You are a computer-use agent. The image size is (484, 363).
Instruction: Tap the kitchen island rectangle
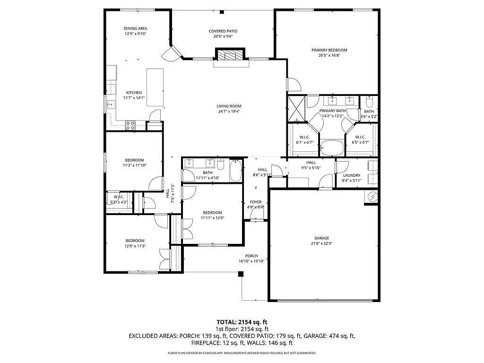tap(155, 87)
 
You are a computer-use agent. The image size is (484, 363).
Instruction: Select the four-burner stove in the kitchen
tap(130, 125)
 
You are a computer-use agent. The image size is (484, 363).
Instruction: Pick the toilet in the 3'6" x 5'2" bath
tap(370, 102)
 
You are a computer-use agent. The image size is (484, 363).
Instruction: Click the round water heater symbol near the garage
tap(372, 196)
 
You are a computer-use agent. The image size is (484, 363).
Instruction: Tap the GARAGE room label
tap(322, 238)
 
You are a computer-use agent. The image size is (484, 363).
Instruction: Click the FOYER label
tap(255, 202)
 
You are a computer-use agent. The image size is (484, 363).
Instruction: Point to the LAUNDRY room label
tap(352, 175)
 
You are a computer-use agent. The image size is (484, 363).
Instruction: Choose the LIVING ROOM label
tap(229, 106)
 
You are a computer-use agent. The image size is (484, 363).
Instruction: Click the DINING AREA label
tap(136, 28)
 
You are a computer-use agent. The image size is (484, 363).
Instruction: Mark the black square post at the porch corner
tap(241, 274)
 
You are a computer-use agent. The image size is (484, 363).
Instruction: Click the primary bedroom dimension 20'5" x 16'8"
tap(329, 55)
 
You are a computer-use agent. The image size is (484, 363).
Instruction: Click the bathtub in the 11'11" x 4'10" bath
tap(236, 171)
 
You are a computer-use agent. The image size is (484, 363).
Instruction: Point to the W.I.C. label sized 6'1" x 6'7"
tap(304, 137)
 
